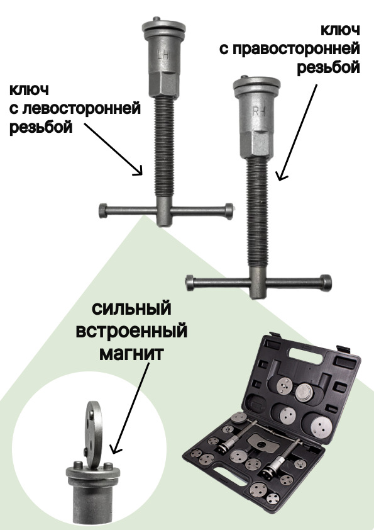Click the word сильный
131,308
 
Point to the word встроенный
131,330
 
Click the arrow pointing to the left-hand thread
113,149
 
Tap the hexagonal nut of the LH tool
163,84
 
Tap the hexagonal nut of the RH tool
257,144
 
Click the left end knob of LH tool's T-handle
103,211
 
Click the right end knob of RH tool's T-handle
326,283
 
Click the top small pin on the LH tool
156,19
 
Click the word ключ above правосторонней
340,30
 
